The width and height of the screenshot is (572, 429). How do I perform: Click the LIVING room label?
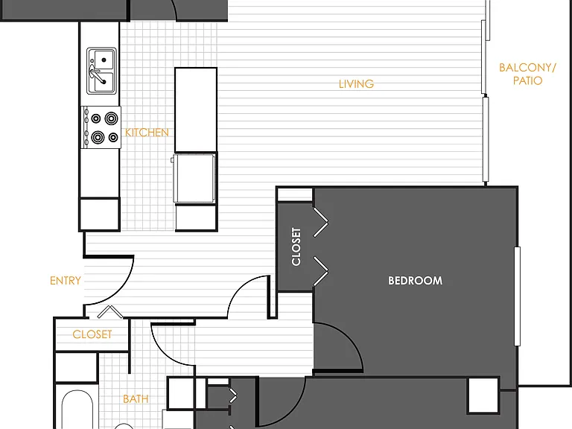[x=356, y=84]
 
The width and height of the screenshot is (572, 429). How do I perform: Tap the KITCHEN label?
[x=147, y=133]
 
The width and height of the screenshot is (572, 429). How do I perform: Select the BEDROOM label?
[x=415, y=281]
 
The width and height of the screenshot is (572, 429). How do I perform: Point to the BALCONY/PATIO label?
[x=527, y=74]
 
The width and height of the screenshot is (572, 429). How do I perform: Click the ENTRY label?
[x=66, y=281]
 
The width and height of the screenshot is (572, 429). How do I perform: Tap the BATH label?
[x=136, y=399]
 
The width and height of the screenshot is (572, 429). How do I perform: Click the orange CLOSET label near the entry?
[x=92, y=334]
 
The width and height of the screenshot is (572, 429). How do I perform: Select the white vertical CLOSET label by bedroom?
[x=296, y=247]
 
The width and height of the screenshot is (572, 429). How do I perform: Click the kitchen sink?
[x=102, y=71]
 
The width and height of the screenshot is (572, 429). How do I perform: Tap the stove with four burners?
[x=101, y=127]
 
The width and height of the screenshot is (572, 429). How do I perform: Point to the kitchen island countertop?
[x=196, y=109]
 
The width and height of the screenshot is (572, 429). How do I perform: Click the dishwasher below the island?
[x=194, y=178]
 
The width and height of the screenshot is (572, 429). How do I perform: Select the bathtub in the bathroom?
[x=77, y=410]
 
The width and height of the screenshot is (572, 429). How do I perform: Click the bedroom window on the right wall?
[x=517, y=296]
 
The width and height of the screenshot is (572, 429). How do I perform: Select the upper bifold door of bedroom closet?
[x=321, y=222]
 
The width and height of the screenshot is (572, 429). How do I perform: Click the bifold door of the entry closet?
[x=109, y=311]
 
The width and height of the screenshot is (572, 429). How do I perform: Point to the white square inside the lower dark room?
[x=483, y=395]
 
